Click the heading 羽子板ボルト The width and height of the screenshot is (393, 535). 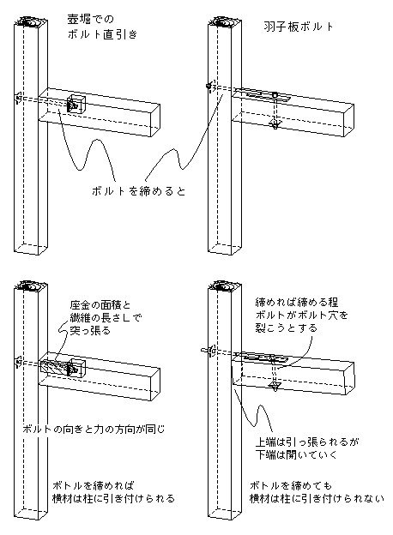tap(299, 27)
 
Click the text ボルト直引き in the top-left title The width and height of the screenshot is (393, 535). tap(102, 34)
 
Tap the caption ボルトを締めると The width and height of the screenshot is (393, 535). tap(139, 190)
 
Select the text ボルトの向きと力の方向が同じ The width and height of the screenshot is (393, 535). tap(94, 429)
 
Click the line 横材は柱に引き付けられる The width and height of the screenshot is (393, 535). tap(113, 498)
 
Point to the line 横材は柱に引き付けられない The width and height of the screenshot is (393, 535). tap(317, 498)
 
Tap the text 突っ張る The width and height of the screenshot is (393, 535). tap(90, 330)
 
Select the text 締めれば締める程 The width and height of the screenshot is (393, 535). tap(297, 302)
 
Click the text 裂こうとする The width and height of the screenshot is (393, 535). tap(286, 328)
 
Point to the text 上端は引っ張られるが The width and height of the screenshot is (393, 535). tap(307, 442)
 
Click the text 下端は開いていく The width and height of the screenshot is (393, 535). tap(296, 454)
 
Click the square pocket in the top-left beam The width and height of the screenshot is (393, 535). tap(76, 104)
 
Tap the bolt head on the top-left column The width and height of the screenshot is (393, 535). tap(18, 99)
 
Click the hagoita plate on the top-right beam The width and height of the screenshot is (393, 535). tap(264, 95)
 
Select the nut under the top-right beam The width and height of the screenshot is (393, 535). tap(275, 124)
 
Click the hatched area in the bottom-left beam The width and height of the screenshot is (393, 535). tap(55, 366)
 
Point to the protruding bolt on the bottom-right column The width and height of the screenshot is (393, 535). tap(208, 350)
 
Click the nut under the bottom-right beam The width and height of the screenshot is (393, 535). tap(275, 386)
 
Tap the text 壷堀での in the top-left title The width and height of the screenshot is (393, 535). tap(90, 19)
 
